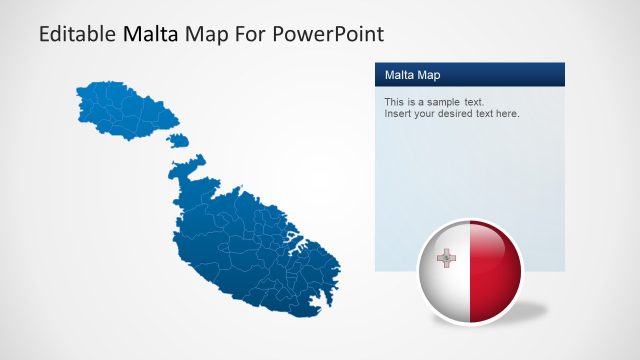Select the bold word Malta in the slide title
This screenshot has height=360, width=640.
(150, 34)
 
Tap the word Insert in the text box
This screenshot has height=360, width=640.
(398, 114)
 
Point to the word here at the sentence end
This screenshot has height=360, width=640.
(507, 114)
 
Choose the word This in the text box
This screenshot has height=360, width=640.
(394, 103)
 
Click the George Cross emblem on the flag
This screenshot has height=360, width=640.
(446, 259)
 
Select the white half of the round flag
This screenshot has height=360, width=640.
(445, 285)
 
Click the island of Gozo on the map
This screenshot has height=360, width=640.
(120, 110)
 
